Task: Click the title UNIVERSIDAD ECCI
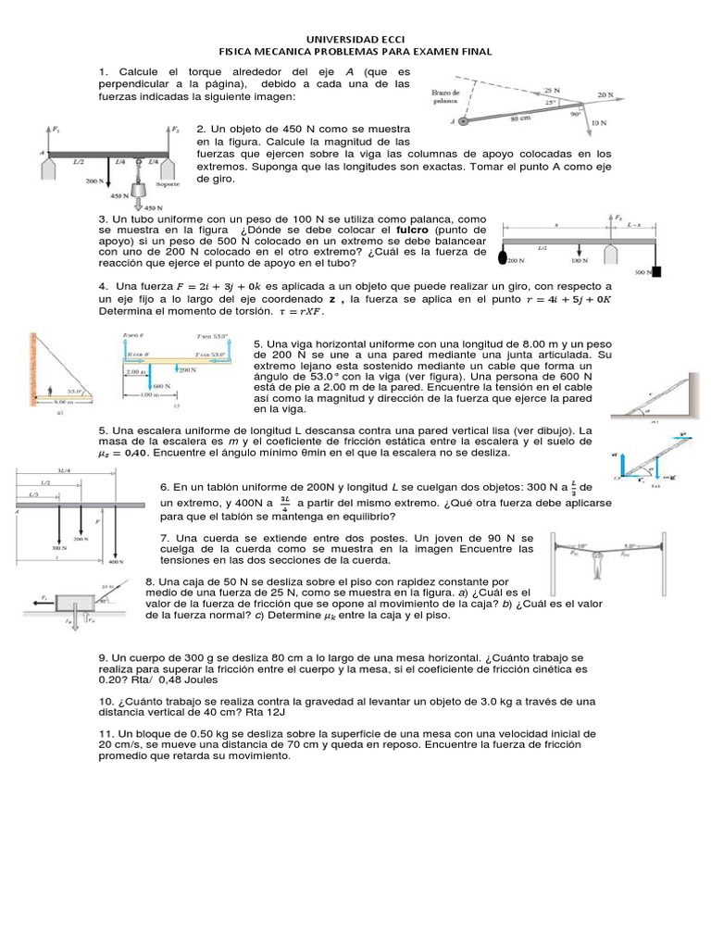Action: click(355, 40)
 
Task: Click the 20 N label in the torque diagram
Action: click(605, 94)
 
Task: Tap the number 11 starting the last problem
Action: click(105, 732)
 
